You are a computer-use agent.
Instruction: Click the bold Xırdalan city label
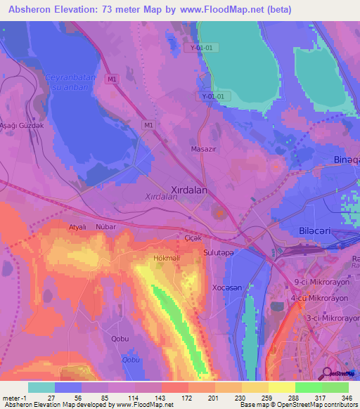192,189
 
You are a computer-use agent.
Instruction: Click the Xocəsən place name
228,288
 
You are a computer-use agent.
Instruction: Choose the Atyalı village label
77,227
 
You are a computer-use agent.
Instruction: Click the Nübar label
105,227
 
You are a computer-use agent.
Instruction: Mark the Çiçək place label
193,239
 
